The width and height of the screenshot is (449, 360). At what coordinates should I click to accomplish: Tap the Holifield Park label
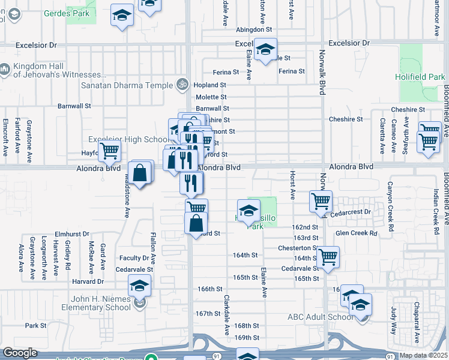tap(420, 77)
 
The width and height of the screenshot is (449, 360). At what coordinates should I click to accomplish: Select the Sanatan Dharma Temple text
tap(127, 85)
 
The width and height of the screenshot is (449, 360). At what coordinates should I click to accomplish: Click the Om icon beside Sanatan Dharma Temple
tap(181, 85)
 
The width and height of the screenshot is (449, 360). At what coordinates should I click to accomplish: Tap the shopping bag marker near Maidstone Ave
tap(139, 173)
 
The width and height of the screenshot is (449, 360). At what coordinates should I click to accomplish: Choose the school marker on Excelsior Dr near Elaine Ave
tap(264, 50)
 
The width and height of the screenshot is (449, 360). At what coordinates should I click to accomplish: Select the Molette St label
tap(211, 97)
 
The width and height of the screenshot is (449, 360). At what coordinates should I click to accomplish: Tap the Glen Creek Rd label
tap(357, 233)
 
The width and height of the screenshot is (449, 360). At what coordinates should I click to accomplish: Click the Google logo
tap(20, 353)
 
